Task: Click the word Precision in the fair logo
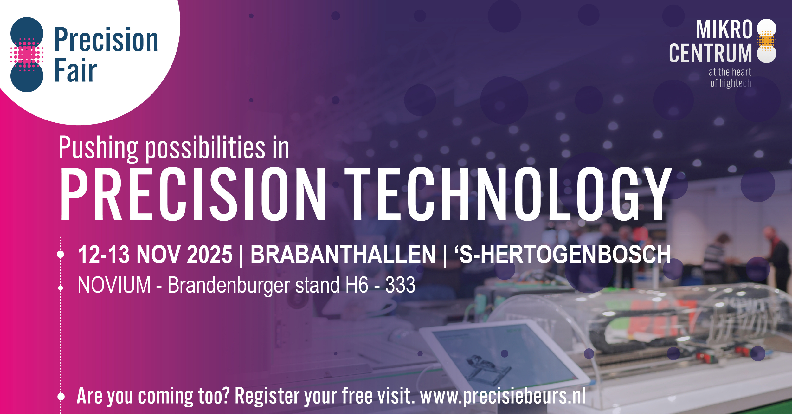tap(106, 40)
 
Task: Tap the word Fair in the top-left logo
tap(76, 70)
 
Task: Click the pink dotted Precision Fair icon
tap(27, 55)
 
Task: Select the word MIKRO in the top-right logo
tap(724, 29)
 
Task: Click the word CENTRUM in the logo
tap(710, 53)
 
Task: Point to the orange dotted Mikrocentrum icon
tap(767, 41)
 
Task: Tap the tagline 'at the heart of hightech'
tap(730, 77)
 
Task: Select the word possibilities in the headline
tap(205, 148)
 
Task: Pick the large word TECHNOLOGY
tap(508, 194)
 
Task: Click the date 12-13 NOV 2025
tap(155, 254)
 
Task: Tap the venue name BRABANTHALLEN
tap(343, 254)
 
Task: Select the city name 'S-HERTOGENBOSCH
tap(563, 254)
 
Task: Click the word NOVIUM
tap(114, 285)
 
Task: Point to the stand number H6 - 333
tap(380, 285)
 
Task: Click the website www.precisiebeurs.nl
tap(503, 396)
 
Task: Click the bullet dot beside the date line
tap(61, 254)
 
